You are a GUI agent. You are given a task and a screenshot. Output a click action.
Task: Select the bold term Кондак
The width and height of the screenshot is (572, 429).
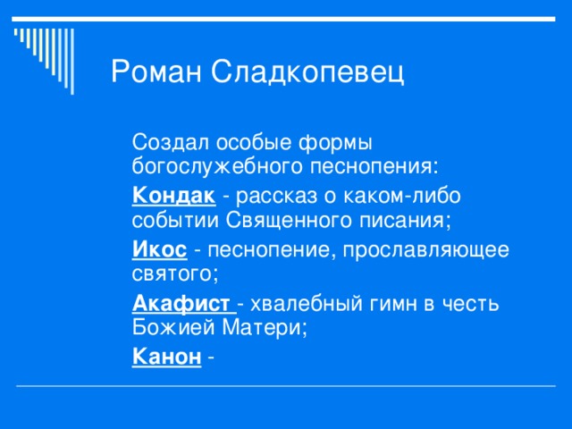(x=172, y=195)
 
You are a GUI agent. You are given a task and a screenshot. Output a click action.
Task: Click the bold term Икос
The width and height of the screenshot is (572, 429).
(x=159, y=248)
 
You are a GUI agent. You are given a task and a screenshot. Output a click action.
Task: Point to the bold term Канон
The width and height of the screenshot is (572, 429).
(x=165, y=357)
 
